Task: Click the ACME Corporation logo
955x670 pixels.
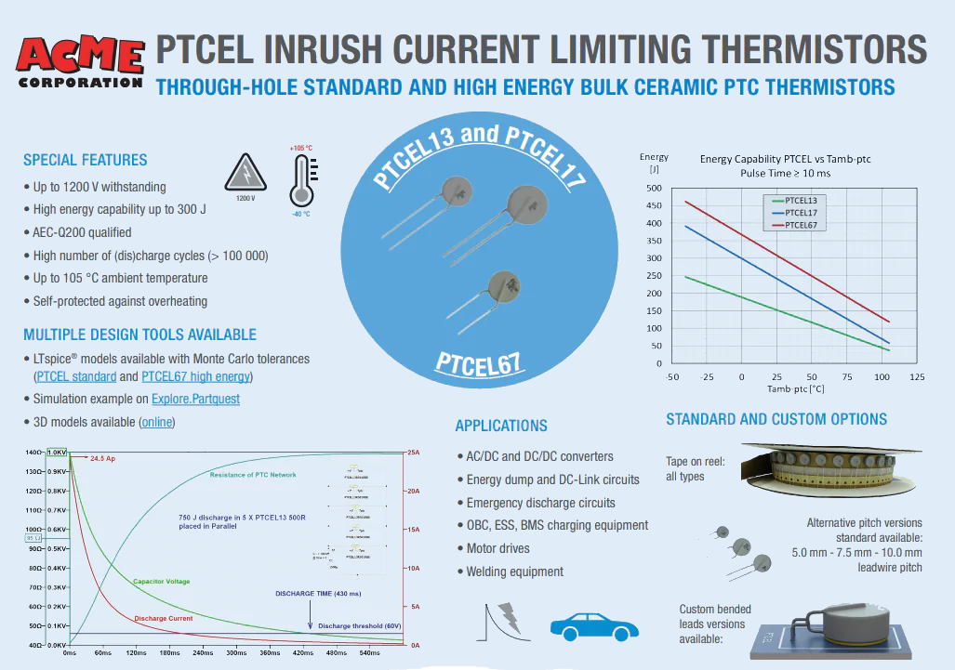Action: [82, 61]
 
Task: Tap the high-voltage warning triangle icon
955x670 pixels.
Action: [245, 173]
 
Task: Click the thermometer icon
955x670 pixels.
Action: [301, 180]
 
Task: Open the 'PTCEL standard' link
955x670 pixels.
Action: [76, 376]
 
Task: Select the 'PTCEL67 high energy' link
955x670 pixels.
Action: [195, 376]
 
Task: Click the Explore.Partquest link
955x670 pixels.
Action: [195, 399]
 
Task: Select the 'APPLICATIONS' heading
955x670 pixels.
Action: [500, 426]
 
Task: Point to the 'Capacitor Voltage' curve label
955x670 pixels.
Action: [161, 582]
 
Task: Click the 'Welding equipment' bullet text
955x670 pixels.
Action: [514, 571]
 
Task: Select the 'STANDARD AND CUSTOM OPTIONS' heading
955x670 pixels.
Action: [776, 419]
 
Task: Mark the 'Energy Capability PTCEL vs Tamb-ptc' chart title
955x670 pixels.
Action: [785, 159]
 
